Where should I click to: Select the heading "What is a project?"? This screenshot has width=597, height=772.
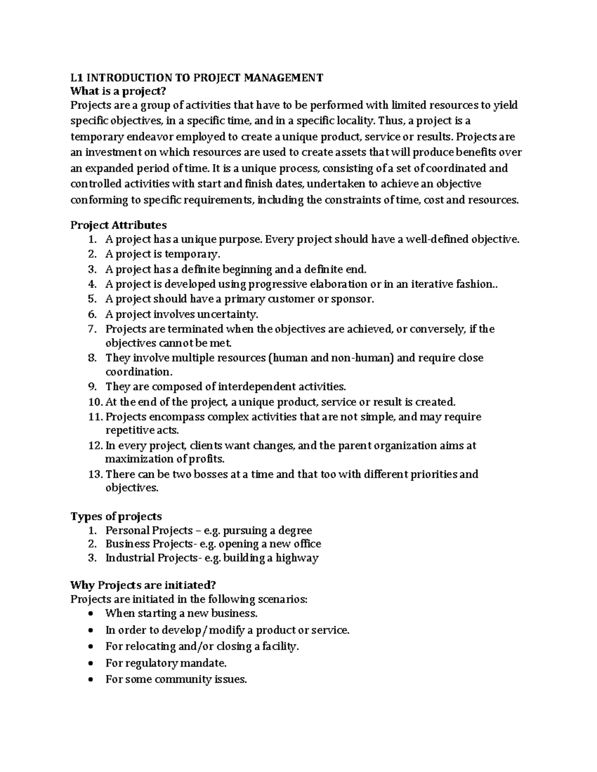117,91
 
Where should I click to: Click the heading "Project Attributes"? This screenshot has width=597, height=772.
118,225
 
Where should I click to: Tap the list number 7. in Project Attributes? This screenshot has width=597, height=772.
92,329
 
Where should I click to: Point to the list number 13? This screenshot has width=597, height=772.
95,474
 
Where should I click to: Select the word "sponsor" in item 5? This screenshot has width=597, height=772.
353,299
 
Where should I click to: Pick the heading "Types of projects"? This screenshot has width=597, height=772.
116,516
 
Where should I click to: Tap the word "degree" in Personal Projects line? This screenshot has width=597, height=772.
295,530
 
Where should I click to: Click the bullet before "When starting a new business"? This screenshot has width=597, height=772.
90,614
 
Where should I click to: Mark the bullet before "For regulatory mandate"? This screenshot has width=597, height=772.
90,664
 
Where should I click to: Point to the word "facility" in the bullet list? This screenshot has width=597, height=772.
281,647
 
